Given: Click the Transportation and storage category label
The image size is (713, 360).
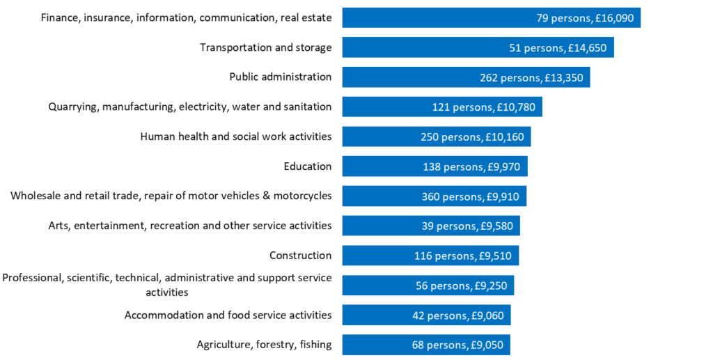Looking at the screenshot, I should (x=265, y=47).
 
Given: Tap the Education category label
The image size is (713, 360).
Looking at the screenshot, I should (x=308, y=166).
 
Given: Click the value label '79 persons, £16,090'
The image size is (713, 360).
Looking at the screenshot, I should (x=585, y=18).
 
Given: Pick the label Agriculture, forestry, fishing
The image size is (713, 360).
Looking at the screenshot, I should (x=264, y=345).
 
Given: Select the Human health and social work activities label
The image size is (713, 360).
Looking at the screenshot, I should (x=235, y=136).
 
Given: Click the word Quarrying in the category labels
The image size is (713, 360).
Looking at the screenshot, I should (x=72, y=107).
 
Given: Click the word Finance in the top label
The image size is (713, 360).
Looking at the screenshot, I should (x=60, y=17).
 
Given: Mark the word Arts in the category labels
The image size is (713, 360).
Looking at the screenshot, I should (x=59, y=226).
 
